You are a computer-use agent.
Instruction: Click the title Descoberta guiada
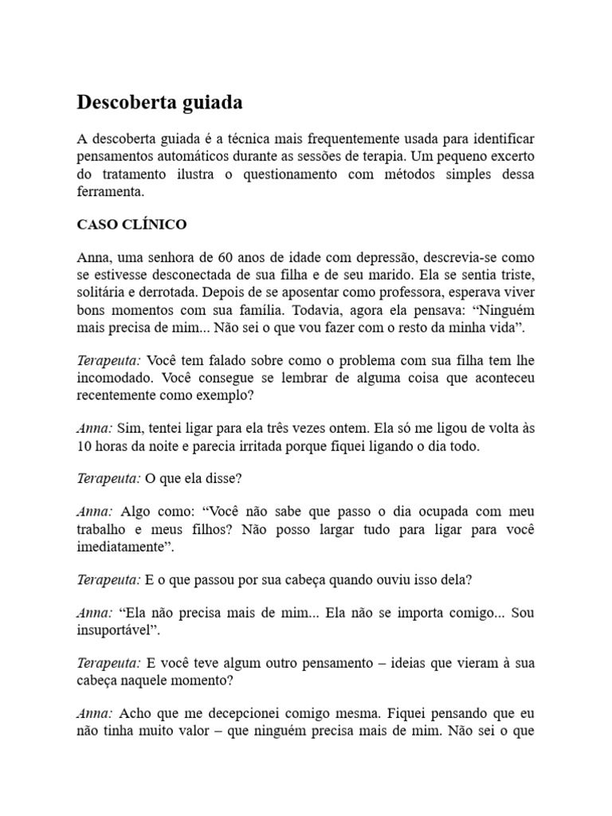tap(159, 103)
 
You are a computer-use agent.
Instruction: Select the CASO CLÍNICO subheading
tap(131, 225)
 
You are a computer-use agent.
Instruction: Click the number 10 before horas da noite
tap(84, 446)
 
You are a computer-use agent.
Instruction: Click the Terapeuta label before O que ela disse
tap(108, 478)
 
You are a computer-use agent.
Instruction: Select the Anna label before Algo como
tap(95, 511)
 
